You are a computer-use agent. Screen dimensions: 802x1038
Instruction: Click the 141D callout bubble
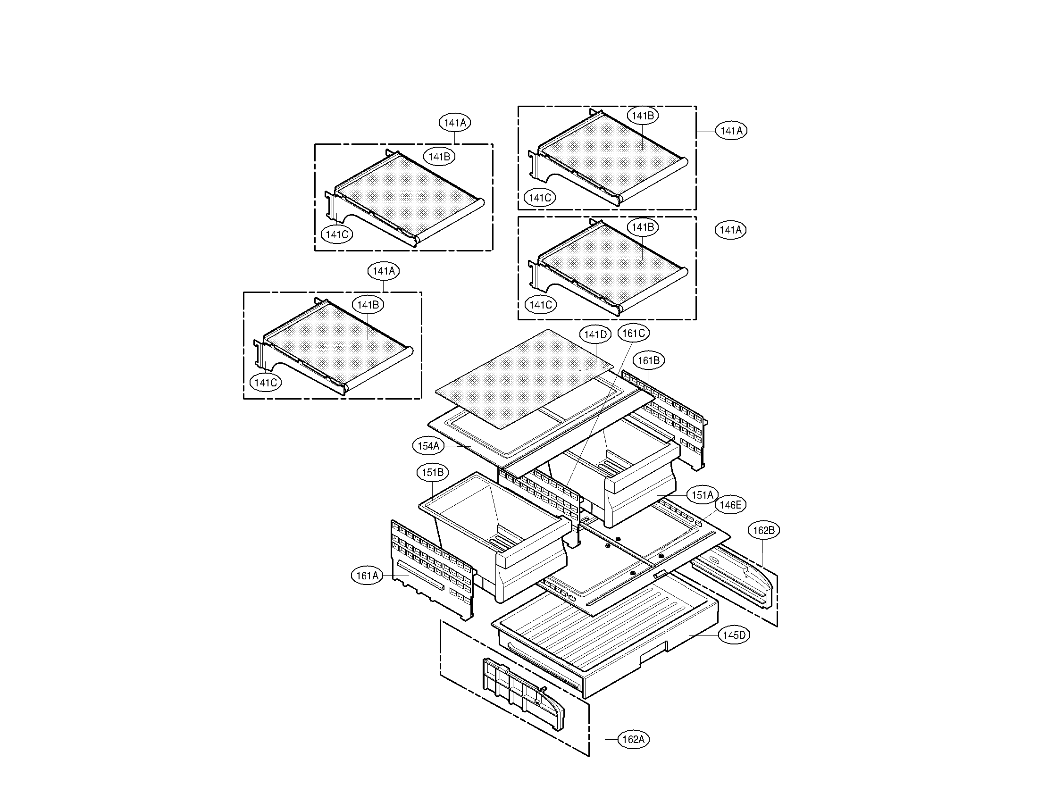595,334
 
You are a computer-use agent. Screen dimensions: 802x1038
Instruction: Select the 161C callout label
634,333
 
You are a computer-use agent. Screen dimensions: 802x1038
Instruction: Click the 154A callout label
428,446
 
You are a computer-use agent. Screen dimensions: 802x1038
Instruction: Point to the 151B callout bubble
433,473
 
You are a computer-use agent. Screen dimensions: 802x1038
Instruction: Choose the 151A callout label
702,495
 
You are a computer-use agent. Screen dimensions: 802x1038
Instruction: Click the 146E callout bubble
730,505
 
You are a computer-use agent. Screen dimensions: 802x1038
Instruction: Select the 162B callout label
763,530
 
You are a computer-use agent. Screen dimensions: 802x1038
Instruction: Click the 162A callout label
634,739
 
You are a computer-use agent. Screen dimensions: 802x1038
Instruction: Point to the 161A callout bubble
368,576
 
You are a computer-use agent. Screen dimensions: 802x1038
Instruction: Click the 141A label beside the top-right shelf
731,131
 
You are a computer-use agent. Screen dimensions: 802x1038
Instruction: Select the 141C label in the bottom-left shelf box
266,383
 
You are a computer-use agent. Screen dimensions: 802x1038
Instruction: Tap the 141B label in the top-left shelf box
439,157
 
